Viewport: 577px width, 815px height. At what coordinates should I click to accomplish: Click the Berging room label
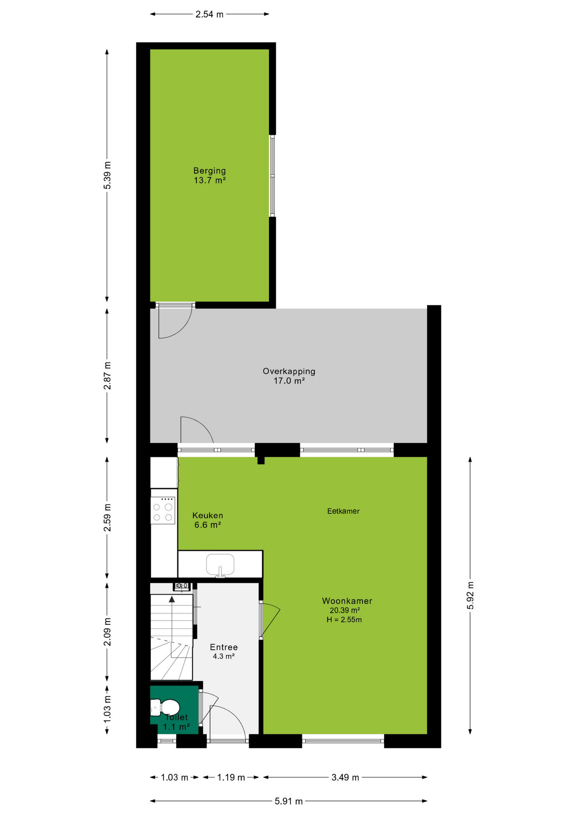[209, 171]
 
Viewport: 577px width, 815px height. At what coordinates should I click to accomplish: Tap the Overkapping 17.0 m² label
[289, 376]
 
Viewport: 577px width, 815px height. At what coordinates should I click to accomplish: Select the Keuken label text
[207, 515]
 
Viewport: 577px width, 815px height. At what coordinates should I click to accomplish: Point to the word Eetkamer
[343, 511]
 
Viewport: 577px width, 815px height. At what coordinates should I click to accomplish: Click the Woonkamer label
[347, 601]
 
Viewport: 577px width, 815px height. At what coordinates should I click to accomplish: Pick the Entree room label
[224, 647]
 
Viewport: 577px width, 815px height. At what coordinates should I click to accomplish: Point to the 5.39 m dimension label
[107, 175]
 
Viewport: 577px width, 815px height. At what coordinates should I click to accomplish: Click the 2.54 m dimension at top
[209, 14]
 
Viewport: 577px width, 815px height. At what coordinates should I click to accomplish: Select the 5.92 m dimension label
[470, 595]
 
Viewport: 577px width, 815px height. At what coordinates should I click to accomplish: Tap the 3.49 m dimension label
[345, 777]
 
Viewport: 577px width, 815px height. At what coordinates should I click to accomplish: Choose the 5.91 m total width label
[289, 801]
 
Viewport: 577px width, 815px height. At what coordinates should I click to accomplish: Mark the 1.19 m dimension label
[231, 777]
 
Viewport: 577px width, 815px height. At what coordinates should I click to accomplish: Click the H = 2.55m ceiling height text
[344, 620]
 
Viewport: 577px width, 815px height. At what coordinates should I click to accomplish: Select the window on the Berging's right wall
[272, 176]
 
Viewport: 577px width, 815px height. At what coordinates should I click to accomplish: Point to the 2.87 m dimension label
[107, 376]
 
